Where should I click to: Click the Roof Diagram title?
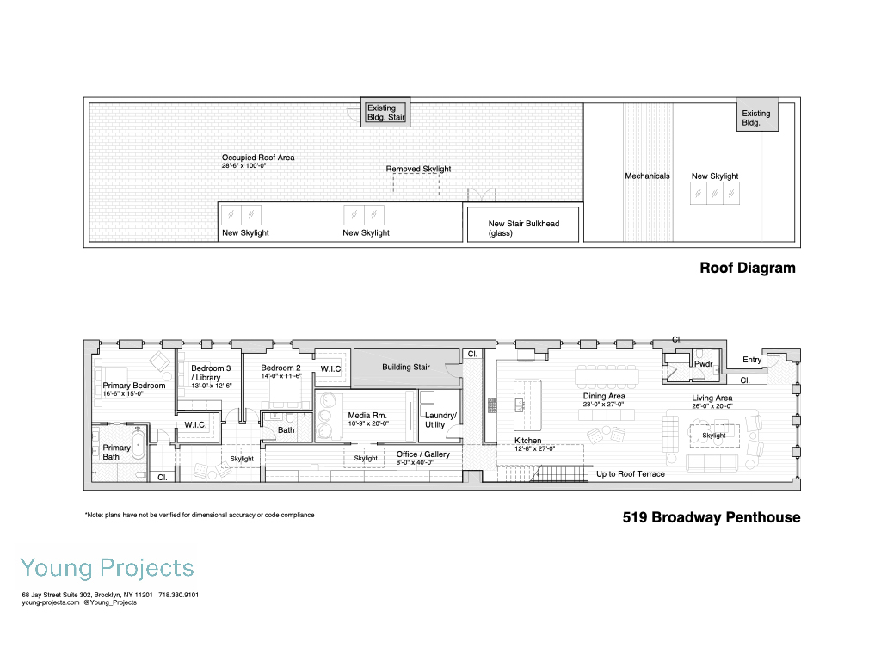click(x=747, y=268)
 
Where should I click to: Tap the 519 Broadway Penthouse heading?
click(x=712, y=517)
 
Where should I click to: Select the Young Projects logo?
click(x=108, y=568)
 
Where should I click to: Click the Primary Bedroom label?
click(x=133, y=386)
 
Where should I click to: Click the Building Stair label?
click(x=405, y=368)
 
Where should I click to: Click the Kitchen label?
click(x=528, y=441)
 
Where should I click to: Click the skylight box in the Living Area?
click(x=713, y=436)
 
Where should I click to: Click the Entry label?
click(x=752, y=360)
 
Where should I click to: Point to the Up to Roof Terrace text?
click(x=630, y=474)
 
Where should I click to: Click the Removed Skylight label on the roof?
click(x=418, y=169)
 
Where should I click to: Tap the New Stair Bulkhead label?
click(x=523, y=224)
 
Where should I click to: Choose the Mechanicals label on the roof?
click(x=647, y=176)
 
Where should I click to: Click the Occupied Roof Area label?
click(x=258, y=158)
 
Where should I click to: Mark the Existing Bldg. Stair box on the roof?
click(x=383, y=113)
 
